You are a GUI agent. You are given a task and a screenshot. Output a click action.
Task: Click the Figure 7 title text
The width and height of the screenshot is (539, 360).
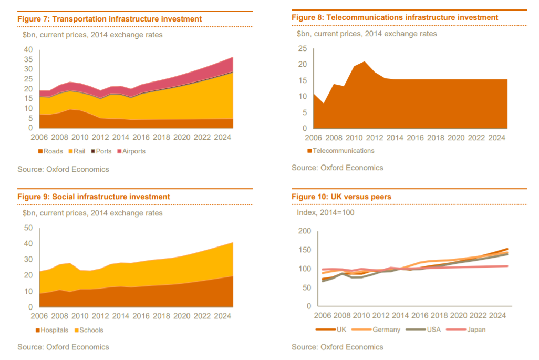[x=109, y=19]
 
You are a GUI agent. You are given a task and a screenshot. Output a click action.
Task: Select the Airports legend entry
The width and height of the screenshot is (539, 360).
[x=131, y=151]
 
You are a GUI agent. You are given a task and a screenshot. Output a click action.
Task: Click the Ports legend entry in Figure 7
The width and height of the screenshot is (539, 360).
[x=103, y=151]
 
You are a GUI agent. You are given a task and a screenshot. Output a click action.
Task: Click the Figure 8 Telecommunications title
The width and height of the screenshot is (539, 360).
[x=395, y=17]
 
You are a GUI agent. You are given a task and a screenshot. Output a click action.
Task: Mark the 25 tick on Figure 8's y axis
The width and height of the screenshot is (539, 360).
[x=302, y=48]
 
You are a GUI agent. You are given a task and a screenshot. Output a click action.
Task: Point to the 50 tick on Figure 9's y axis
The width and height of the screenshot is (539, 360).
[x=28, y=228]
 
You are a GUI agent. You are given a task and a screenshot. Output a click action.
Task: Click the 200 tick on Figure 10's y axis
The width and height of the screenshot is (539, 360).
[x=304, y=231]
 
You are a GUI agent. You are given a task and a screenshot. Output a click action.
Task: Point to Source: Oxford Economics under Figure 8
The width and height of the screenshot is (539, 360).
[x=337, y=168]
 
